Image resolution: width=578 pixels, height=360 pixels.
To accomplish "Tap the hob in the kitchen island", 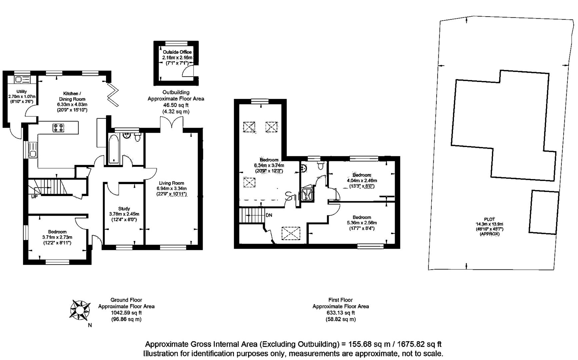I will tap(59, 128).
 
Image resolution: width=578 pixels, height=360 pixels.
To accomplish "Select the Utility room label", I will tap(22, 92).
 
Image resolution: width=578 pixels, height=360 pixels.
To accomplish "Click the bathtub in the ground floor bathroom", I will tap(114, 149).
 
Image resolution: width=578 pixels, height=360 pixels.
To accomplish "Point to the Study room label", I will tap(124, 209).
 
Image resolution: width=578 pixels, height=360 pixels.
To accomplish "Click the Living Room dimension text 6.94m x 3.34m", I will tap(171, 188).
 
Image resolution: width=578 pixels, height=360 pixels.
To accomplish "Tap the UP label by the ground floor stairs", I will tap(34, 197).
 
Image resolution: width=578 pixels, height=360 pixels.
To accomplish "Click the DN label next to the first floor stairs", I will tap(269, 215).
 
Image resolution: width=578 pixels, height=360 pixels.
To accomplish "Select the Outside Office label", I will tap(177, 52).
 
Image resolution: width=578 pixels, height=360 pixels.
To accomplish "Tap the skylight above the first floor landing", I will tap(291, 233).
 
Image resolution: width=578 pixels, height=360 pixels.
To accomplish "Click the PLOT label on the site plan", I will tap(489, 219).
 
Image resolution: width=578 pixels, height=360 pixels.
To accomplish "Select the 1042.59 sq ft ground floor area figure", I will tap(126, 313).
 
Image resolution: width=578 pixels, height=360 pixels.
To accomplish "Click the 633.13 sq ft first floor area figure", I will tap(340, 313).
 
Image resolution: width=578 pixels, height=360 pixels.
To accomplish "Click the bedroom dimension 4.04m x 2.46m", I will tap(362, 181).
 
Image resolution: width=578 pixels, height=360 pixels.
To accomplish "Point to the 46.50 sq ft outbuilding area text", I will tap(176, 105).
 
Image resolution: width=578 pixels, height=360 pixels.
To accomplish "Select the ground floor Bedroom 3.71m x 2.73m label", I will tap(57, 237).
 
